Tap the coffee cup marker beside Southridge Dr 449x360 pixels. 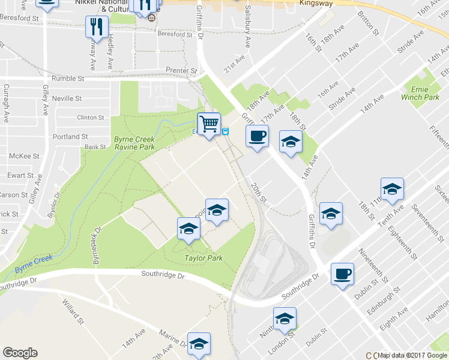coord(342,274)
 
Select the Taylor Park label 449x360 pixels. coord(203,258)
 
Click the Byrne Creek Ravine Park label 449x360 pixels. coord(134,143)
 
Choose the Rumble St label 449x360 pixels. coord(68,79)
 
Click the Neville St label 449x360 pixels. coord(67,98)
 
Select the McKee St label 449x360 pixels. coord(25,156)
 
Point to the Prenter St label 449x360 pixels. coord(181,71)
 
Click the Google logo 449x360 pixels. coord(20,353)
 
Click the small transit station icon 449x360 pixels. coord(226,132)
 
